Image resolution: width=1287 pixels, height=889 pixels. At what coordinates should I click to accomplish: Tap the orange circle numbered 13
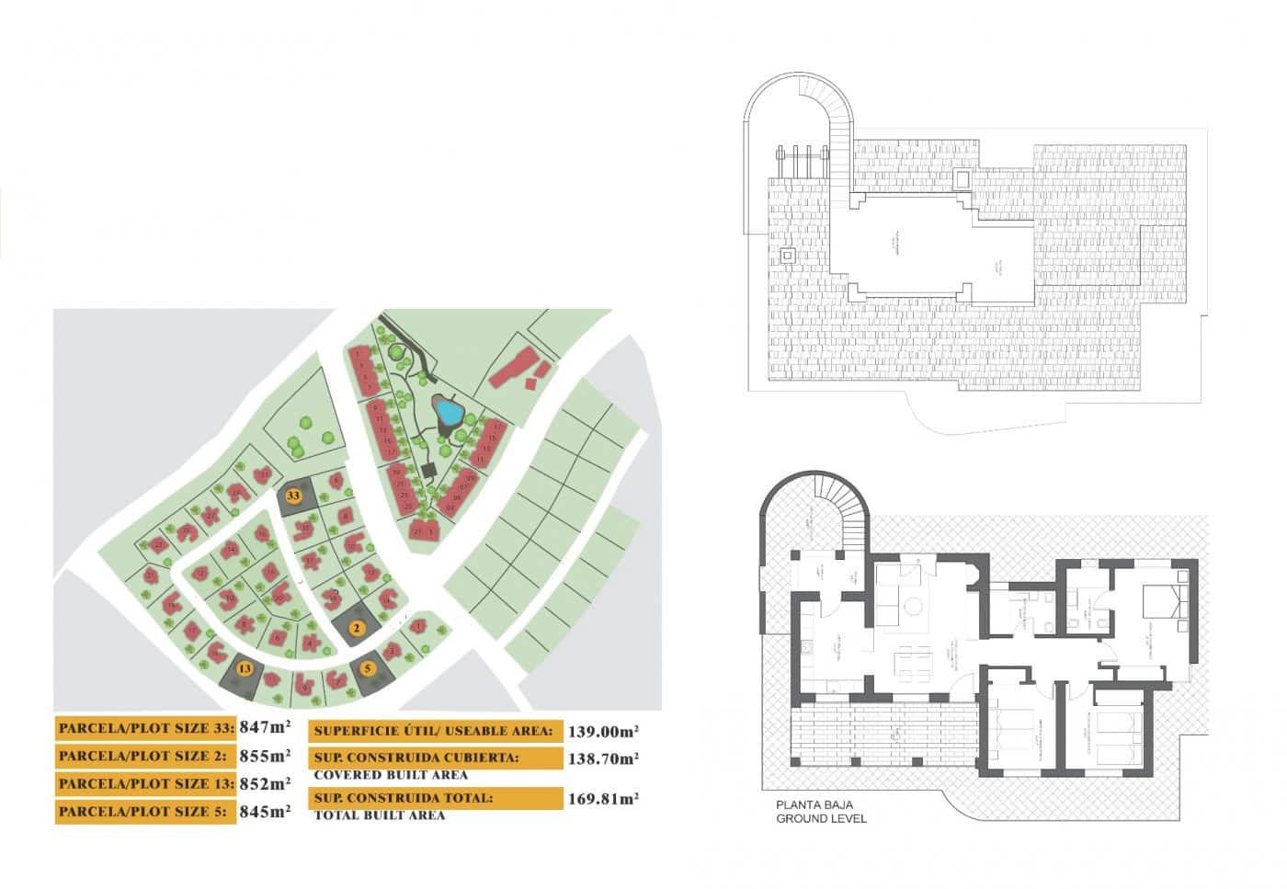point(244,669)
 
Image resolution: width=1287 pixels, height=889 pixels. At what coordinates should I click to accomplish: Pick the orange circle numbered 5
point(369,668)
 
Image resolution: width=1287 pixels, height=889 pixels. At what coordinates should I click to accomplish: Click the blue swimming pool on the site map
point(449,411)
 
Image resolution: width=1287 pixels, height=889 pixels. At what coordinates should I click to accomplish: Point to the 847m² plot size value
point(265,728)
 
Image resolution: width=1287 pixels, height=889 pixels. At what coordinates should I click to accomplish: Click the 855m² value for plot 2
point(265,756)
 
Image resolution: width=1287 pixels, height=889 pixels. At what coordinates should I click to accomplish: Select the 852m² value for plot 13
point(265,783)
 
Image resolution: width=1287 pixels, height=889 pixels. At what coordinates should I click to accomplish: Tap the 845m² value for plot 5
point(265,811)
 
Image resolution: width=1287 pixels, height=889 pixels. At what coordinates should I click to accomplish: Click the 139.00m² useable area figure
point(604,732)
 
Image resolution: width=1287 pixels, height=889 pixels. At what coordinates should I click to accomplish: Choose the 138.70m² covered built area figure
point(604,759)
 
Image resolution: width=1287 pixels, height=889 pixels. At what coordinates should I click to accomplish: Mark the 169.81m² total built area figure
point(604,799)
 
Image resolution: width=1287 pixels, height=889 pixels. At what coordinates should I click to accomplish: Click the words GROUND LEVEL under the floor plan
point(821,818)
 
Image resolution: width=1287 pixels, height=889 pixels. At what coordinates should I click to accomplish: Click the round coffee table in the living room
point(913,607)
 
